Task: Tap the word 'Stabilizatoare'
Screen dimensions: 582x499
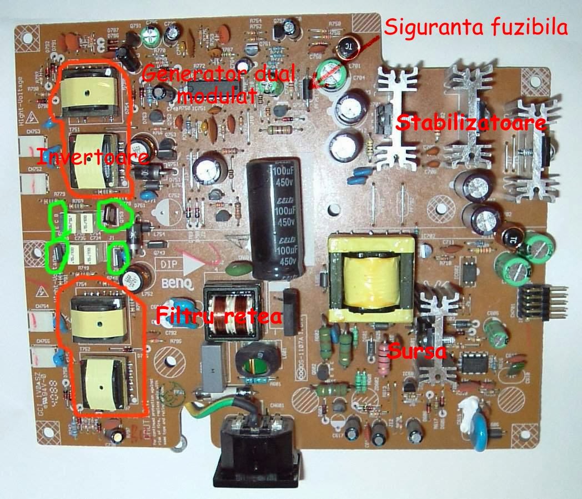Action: (x=470, y=123)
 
